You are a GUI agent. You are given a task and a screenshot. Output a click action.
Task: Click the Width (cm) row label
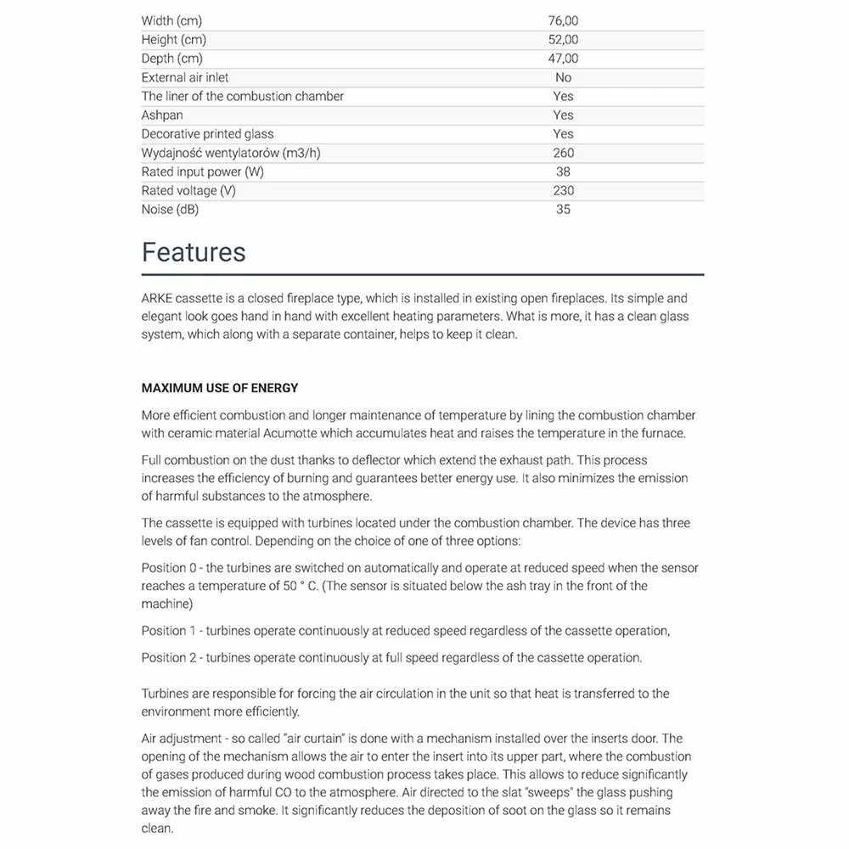click(x=171, y=21)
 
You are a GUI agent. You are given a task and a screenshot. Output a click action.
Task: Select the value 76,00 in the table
click(x=564, y=21)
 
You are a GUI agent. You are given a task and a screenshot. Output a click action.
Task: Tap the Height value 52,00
click(x=564, y=40)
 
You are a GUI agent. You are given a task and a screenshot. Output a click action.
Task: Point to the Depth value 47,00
click(x=564, y=59)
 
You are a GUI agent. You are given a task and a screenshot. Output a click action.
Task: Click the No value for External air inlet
click(x=564, y=77)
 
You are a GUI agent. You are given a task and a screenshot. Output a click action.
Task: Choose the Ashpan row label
click(x=162, y=115)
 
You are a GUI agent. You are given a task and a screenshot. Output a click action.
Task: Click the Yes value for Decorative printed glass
click(x=564, y=134)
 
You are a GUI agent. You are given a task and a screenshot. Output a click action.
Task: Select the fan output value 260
click(x=564, y=153)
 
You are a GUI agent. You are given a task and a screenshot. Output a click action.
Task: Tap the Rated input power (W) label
click(x=203, y=171)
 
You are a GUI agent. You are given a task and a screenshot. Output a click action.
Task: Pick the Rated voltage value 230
click(x=564, y=190)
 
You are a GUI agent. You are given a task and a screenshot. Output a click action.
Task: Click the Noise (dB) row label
click(x=170, y=209)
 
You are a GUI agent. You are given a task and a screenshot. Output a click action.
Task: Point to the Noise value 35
click(x=564, y=209)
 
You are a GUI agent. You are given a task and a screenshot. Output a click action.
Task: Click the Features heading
click(x=194, y=252)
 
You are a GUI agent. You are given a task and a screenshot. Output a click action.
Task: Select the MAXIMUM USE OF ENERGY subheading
click(x=220, y=388)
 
